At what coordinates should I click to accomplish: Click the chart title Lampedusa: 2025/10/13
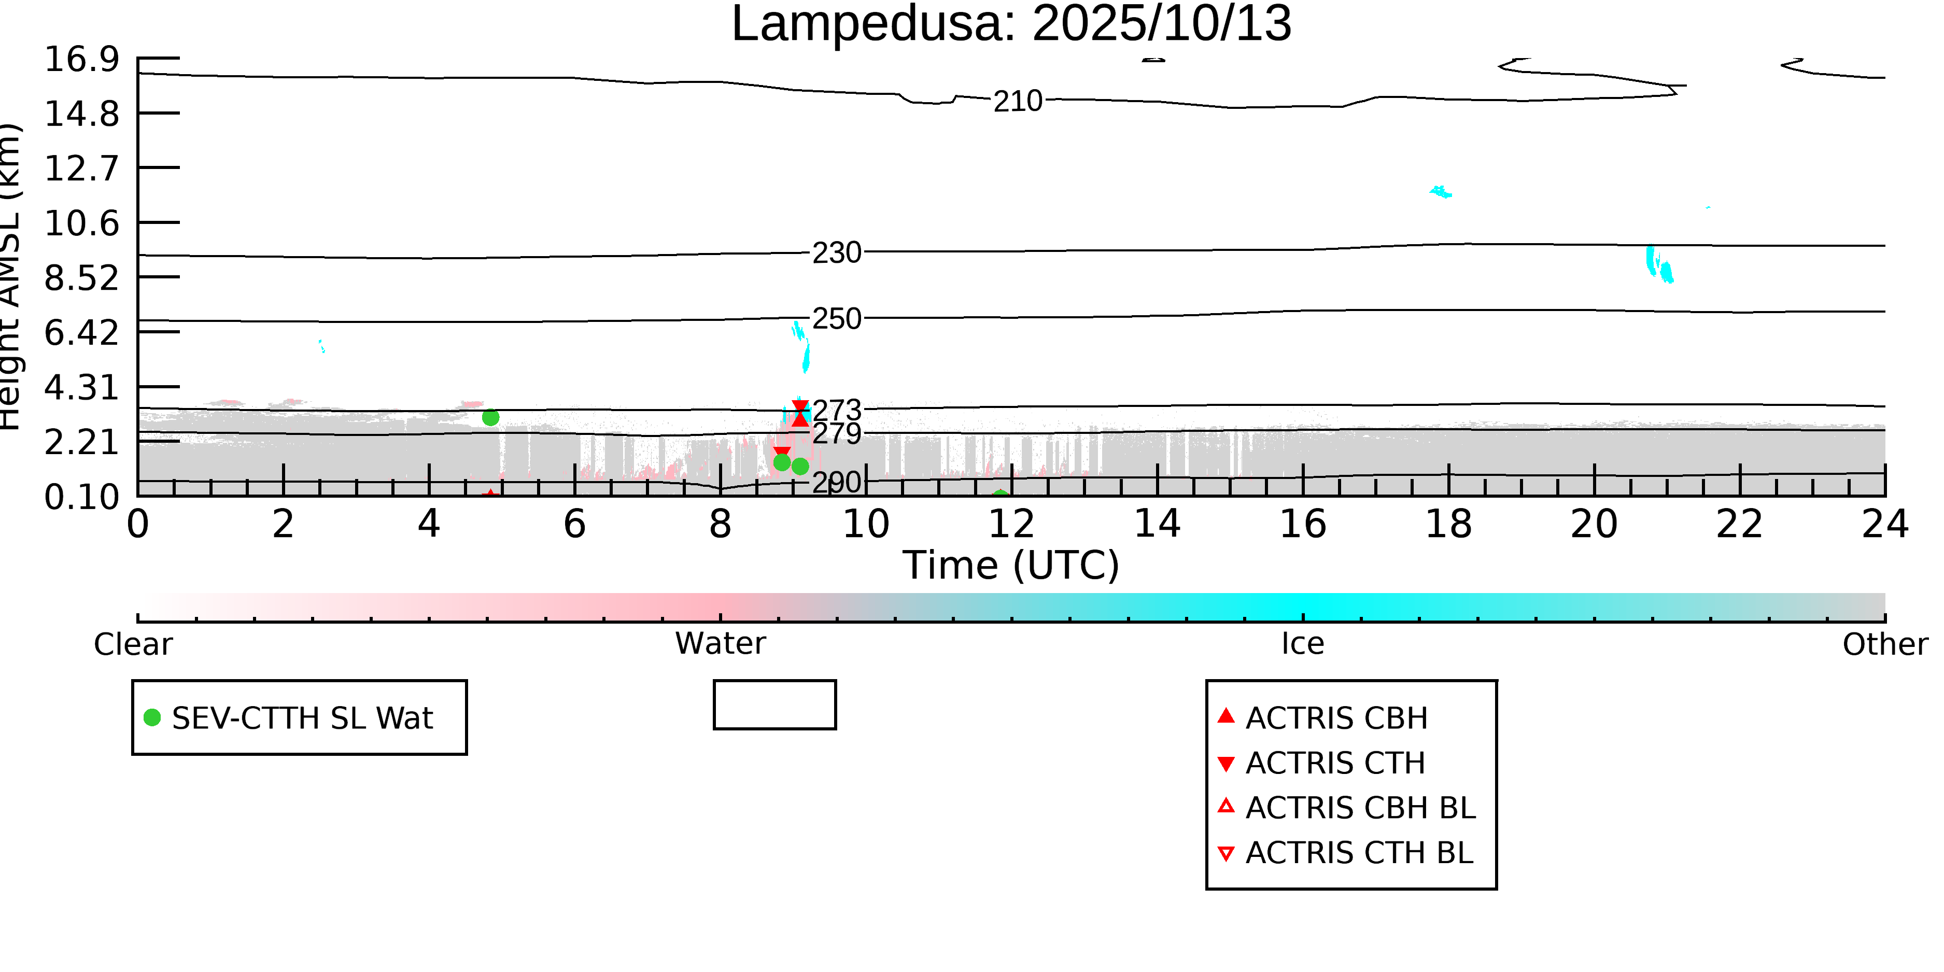1011,24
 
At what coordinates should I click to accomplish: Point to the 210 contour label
1017,101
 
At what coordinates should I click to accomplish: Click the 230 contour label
836,253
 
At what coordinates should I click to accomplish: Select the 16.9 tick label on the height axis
81,59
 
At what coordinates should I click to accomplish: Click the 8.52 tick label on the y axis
81,278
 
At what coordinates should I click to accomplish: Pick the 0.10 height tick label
81,497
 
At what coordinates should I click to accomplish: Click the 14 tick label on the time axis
1157,524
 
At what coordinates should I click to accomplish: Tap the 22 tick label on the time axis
1739,524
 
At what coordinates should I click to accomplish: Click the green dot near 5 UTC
490,417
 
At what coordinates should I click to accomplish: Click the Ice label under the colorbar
1303,644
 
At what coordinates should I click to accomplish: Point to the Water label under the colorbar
720,644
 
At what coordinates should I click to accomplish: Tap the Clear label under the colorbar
133,644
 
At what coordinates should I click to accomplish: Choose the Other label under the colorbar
1885,644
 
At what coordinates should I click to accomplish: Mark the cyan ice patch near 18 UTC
1441,192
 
